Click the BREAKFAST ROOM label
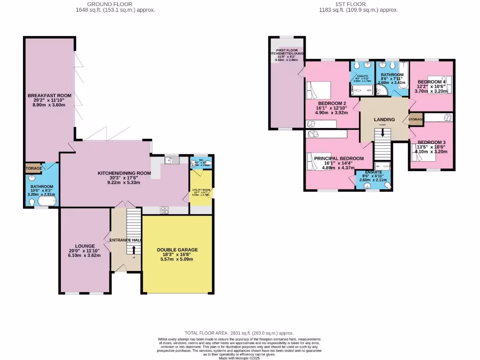pos(49,95)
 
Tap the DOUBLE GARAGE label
pos(177,250)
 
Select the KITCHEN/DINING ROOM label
pos(124,173)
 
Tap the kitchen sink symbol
pos(172,161)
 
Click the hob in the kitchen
pos(165,210)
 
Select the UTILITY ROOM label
pos(200,190)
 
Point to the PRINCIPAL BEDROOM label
pos(339,158)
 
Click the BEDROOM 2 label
pos(332,103)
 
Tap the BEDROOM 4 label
pos(431,81)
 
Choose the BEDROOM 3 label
pos(431,142)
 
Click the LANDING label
pos(384,120)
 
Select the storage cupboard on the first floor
pos(416,120)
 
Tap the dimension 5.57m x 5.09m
pos(177,259)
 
